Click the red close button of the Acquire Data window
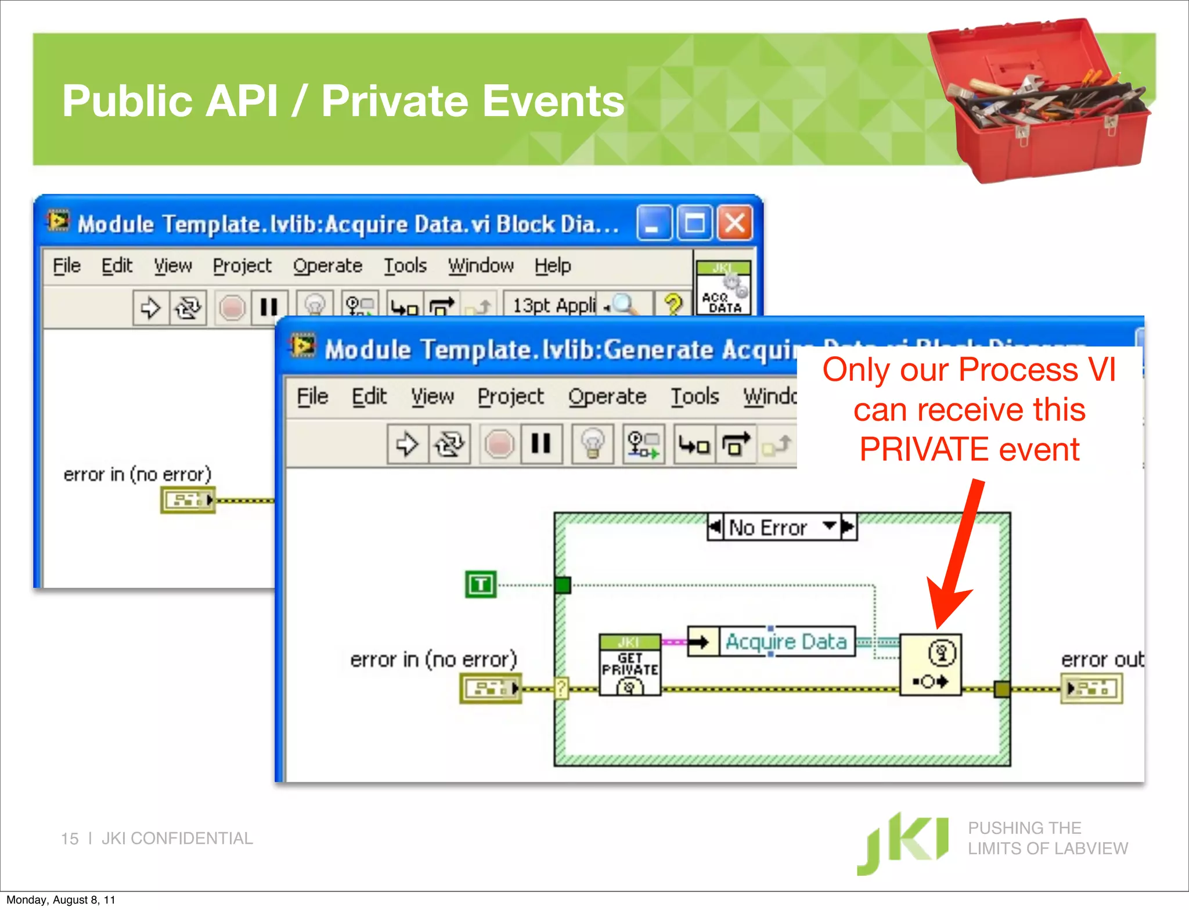735,223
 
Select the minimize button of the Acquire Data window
654,223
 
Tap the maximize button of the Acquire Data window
694,223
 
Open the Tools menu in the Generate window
694,396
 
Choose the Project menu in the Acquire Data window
242,266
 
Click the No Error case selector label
768,528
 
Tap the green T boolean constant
481,584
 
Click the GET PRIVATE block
630,665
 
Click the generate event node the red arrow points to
930,665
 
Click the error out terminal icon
1091,689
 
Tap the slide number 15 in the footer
70,839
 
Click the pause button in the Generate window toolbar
541,444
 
